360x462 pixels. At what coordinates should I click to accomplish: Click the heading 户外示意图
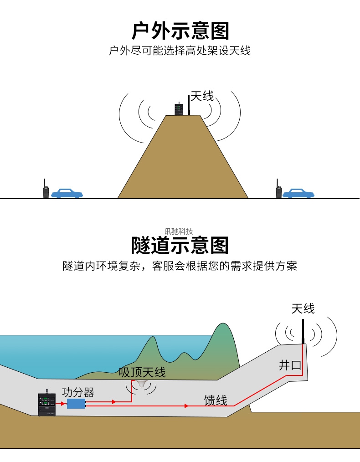180,31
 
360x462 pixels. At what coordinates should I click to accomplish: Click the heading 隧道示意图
180,245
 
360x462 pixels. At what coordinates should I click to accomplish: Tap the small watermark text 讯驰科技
179,231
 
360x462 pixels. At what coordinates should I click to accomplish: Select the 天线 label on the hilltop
202,96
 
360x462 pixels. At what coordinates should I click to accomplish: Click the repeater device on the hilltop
178,109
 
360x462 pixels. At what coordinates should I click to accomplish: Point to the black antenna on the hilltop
189,106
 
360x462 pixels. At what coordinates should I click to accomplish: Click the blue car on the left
67,193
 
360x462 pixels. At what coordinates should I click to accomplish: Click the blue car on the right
298,193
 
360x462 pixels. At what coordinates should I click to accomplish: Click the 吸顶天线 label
142,372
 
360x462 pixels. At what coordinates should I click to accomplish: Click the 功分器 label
78,392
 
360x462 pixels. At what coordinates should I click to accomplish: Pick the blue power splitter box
76,404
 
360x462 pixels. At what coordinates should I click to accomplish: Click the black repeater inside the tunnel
46,404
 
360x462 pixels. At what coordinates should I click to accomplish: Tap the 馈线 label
216,400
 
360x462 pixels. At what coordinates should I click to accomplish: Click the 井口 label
290,365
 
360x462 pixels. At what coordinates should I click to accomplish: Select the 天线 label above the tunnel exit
303,308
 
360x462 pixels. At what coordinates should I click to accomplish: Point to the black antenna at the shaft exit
303,330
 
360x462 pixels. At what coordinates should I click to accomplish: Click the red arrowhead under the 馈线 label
186,406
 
